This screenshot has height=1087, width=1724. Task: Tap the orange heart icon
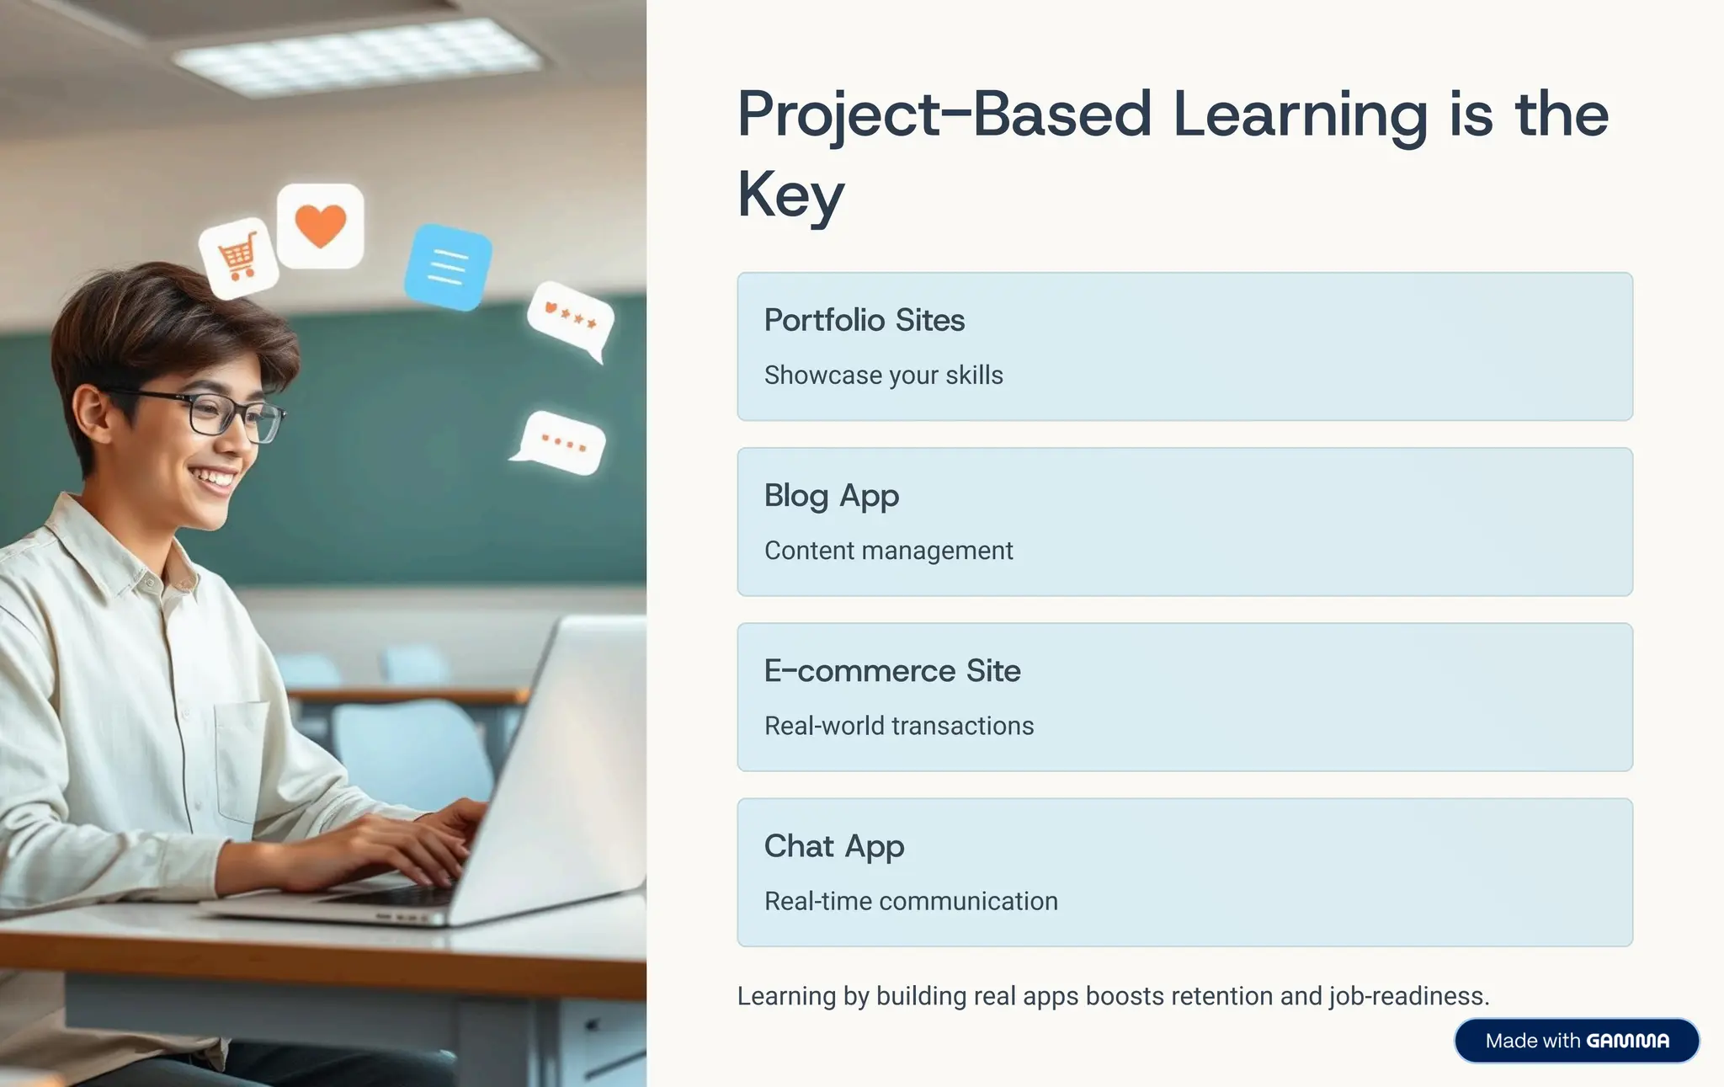coord(321,226)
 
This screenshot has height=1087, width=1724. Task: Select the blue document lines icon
coord(448,267)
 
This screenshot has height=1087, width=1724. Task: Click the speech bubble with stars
coord(571,320)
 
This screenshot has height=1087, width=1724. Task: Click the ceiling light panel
coord(357,57)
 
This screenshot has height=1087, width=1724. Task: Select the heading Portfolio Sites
coord(864,321)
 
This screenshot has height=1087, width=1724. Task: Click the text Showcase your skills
coord(883,376)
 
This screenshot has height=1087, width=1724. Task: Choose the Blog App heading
coord(831,496)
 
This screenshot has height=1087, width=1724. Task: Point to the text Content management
coord(888,551)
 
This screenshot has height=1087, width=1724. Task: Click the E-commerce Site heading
coord(891,671)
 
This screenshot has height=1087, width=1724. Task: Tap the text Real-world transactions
coord(898,726)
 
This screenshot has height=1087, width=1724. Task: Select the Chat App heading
coord(833,846)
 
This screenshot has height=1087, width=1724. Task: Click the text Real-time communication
coord(910,901)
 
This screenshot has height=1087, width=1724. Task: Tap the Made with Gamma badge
coord(1576,1041)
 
